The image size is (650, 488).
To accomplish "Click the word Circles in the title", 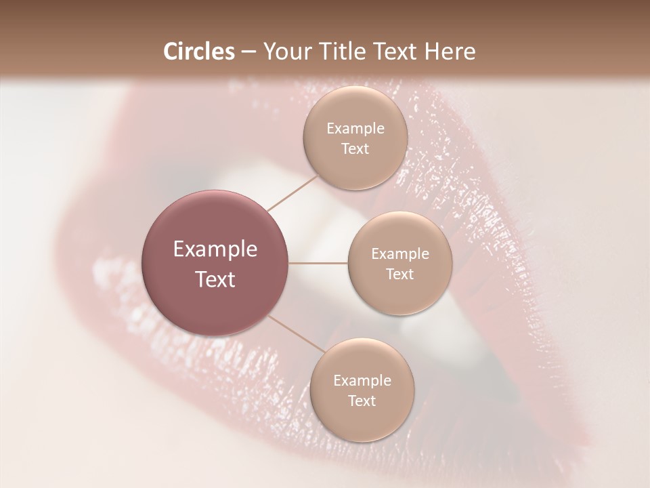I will (x=199, y=52).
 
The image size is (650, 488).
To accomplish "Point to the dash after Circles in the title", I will (x=248, y=52).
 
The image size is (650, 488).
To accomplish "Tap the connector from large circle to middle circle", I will (x=318, y=263).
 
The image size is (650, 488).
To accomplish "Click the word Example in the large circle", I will (x=215, y=249).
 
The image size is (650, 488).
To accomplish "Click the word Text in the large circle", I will (x=215, y=279).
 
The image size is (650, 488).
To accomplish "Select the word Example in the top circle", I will (x=355, y=129).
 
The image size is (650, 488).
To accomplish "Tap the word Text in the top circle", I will (x=355, y=149).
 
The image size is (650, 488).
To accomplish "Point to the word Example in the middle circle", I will (x=400, y=254).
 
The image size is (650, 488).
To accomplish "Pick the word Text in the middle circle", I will (x=400, y=274).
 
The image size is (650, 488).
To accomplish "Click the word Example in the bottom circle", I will (x=362, y=381).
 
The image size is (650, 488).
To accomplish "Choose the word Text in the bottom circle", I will (x=362, y=401).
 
